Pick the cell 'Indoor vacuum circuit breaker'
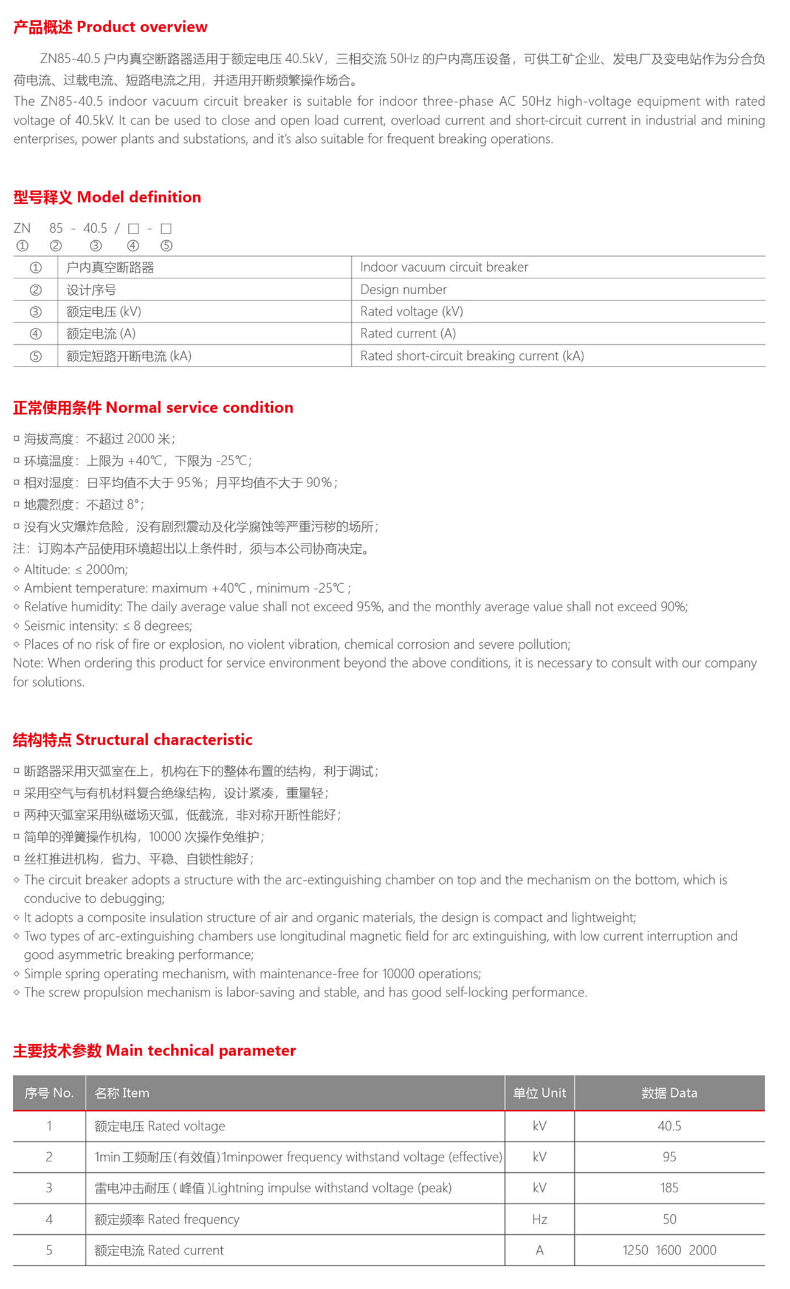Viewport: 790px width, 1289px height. tap(444, 267)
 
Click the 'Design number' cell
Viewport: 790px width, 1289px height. tap(404, 289)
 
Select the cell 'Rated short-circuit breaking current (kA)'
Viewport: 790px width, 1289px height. tap(472, 356)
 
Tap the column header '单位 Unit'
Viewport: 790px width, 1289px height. tap(539, 1093)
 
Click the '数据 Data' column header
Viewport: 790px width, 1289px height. tap(669, 1093)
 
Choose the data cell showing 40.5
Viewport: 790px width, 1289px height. tap(669, 1126)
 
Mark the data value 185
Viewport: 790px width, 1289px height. tap(669, 1187)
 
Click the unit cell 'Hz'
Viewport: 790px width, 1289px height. tap(539, 1219)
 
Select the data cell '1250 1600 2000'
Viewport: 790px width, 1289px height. tap(669, 1250)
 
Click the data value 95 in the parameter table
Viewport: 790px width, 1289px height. tap(669, 1156)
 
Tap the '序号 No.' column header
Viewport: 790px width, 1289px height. tap(49, 1093)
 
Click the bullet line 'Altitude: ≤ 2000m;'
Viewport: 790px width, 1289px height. tap(76, 570)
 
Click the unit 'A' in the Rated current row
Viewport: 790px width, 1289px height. tap(539, 1250)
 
